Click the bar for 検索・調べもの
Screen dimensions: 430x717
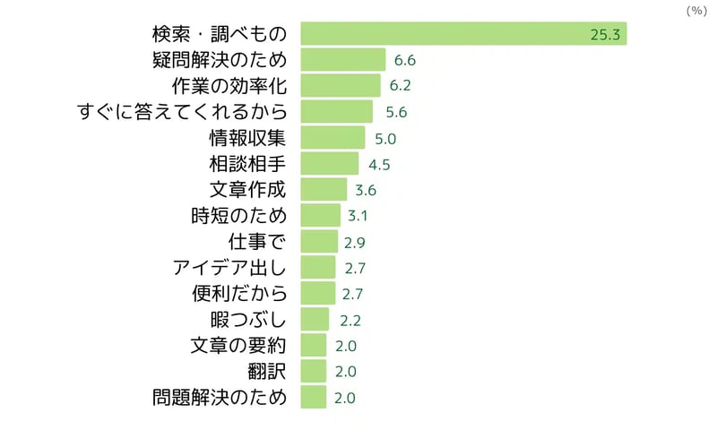point(463,35)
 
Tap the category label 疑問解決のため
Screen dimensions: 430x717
point(220,61)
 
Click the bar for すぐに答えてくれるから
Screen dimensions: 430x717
point(336,112)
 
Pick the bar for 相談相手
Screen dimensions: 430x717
point(329,164)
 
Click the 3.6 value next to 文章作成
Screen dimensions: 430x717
point(365,190)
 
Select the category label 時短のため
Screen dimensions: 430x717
point(238,216)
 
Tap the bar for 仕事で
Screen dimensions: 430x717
point(319,242)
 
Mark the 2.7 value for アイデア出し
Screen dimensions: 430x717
point(355,268)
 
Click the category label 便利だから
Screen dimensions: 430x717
point(238,293)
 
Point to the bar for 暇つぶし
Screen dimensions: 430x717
point(315,319)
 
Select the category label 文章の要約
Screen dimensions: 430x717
point(238,345)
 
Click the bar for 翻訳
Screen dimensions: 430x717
point(314,371)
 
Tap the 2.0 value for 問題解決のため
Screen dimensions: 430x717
point(345,397)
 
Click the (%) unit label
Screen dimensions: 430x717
point(695,11)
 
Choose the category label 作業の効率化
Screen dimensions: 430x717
point(229,87)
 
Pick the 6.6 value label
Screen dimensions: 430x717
point(404,61)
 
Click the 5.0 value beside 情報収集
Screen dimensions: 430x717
point(385,139)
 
